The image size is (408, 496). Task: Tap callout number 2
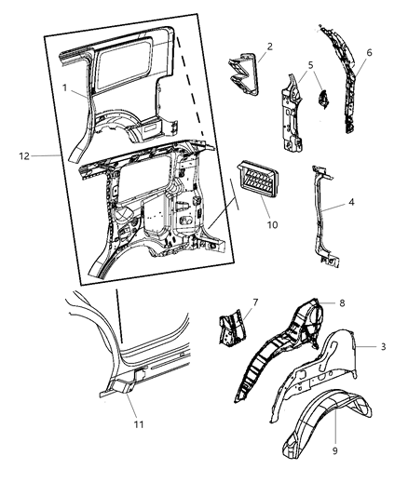(x=268, y=46)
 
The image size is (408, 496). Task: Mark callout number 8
(x=342, y=302)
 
